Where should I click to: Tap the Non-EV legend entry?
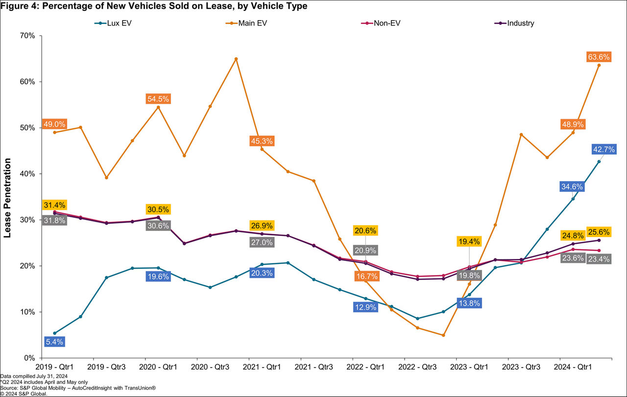pos(382,23)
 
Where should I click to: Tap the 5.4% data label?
pos(54,342)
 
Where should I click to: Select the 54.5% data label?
pos(158,99)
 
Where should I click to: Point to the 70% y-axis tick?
pos(27,36)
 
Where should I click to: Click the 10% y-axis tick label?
pos(27,312)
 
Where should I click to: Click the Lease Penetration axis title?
pos(7,197)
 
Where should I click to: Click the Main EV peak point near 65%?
pos(236,59)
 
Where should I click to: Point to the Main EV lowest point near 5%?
pos(443,335)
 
